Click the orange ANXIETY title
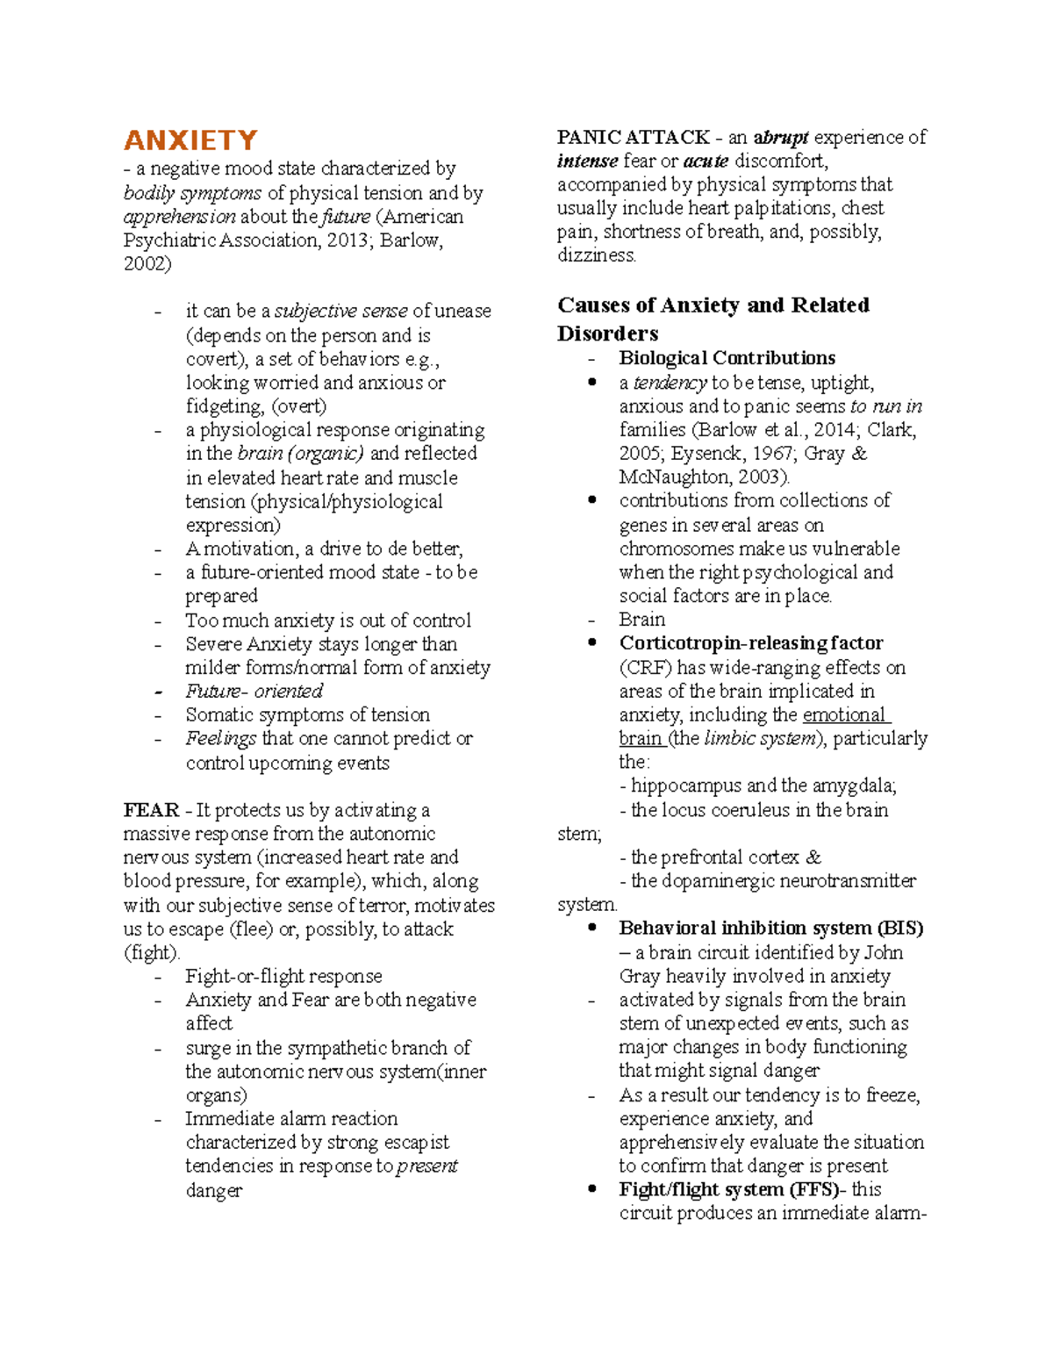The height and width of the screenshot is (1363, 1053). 190,140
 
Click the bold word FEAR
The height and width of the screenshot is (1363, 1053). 151,810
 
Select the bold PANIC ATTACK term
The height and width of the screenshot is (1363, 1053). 633,137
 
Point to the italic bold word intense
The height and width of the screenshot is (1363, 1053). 587,161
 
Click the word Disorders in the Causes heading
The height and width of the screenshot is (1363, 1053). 607,334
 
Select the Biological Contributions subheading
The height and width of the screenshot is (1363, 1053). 727,358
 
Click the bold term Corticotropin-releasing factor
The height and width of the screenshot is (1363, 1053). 750,642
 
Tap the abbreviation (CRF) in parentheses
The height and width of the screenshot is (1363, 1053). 645,667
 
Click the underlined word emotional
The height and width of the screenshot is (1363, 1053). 843,714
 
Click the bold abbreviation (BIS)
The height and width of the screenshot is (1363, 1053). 899,928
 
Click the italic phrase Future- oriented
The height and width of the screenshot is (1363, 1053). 254,691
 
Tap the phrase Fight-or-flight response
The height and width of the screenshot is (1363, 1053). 283,976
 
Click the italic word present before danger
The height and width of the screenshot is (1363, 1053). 427,1166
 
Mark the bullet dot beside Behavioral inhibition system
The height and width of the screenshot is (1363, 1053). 593,928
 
